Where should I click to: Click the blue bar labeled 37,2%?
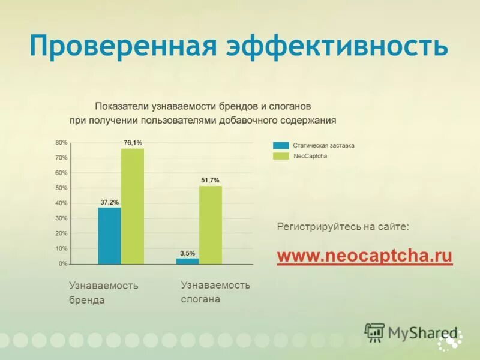pyautogui.click(x=109, y=235)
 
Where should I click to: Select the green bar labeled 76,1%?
pyautogui.click(x=133, y=206)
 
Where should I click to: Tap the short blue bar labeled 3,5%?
pyautogui.click(x=187, y=261)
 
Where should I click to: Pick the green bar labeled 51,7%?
pyautogui.click(x=211, y=224)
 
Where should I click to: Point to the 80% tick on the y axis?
pyautogui.click(x=61, y=143)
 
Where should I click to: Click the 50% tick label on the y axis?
pyautogui.click(x=61, y=188)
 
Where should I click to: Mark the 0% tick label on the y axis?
pyautogui.click(x=63, y=264)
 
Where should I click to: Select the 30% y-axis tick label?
pyautogui.click(x=61, y=218)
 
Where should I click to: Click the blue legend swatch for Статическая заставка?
pyautogui.click(x=280, y=145)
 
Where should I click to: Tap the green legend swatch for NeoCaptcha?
pyautogui.click(x=280, y=156)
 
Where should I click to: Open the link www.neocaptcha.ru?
pyautogui.click(x=364, y=256)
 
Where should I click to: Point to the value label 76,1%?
pyautogui.click(x=133, y=143)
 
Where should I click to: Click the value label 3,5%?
pyautogui.click(x=187, y=253)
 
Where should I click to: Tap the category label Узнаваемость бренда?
pyautogui.click(x=103, y=293)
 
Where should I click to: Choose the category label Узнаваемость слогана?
pyautogui.click(x=215, y=292)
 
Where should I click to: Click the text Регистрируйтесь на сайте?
pyautogui.click(x=343, y=227)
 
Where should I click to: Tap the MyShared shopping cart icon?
pyautogui.click(x=374, y=332)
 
